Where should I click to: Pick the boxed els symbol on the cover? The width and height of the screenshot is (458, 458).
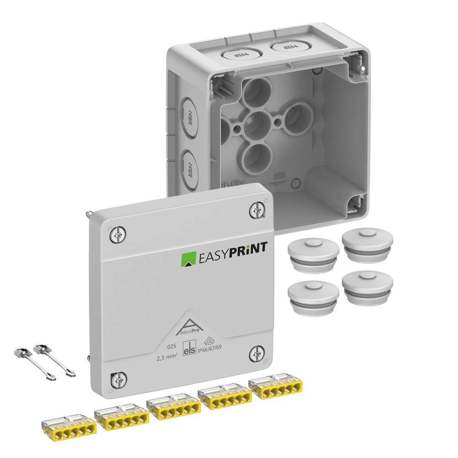pos(189,349)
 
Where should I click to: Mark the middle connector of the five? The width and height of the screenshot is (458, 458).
pos(173,408)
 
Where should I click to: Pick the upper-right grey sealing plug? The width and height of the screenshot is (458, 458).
pos(367,245)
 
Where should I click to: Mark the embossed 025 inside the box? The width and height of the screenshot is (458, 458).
pos(280,175)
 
